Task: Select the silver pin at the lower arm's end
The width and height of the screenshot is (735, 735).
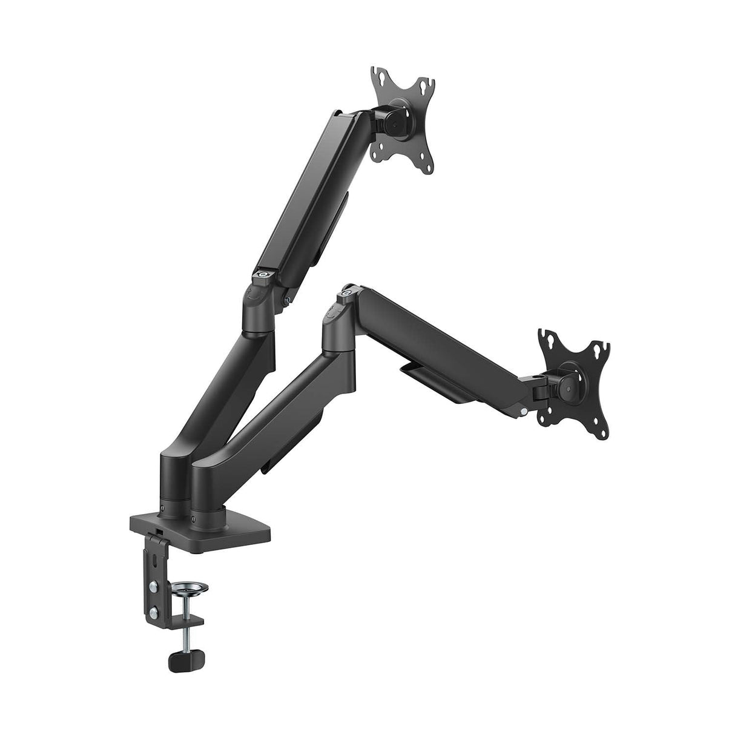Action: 522,413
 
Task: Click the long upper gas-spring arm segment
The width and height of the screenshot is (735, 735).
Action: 303,194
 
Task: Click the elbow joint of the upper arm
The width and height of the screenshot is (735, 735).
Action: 257,309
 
